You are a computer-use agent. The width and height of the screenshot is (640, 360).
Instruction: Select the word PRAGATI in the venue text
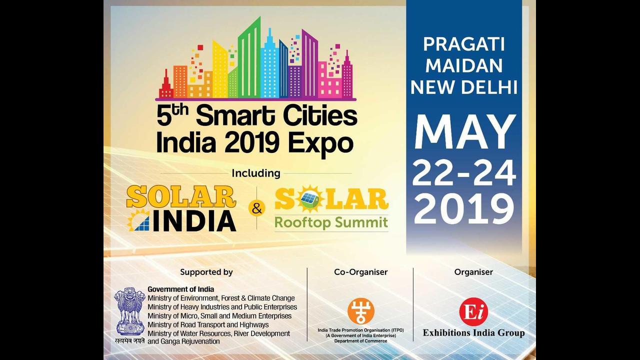click(x=464, y=44)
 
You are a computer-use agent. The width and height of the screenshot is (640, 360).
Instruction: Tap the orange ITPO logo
click(x=361, y=311)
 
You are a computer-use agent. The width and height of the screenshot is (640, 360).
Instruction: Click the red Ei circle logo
click(x=473, y=311)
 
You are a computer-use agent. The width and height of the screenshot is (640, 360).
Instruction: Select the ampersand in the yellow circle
click(x=257, y=208)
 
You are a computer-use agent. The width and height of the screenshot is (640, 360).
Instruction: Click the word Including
click(x=256, y=173)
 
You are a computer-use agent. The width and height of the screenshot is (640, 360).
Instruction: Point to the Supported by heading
click(x=206, y=272)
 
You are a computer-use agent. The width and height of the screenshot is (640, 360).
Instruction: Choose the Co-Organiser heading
click(x=361, y=272)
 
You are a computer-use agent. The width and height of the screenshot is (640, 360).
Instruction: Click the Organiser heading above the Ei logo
click(x=473, y=272)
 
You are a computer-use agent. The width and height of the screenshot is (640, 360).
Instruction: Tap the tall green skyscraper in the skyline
click(x=249, y=57)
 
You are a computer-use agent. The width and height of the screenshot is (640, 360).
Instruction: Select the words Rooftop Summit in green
click(x=331, y=222)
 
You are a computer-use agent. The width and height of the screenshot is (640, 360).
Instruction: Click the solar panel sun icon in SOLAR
click(x=310, y=199)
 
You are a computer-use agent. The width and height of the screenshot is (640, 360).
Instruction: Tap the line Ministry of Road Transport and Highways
click(x=208, y=325)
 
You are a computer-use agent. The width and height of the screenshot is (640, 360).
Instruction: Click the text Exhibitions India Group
click(x=473, y=333)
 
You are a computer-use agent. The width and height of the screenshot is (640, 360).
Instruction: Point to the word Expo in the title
click(x=320, y=143)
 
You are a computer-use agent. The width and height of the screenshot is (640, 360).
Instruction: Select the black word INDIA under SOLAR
click(x=194, y=221)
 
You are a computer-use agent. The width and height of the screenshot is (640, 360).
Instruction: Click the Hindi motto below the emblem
click(x=129, y=340)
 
